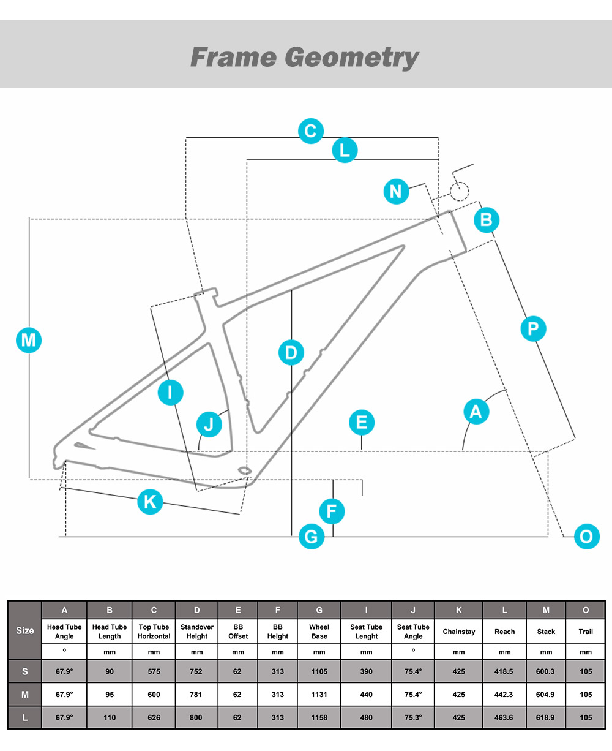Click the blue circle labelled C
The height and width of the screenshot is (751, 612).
coord(311,131)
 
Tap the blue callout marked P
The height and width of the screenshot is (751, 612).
coord(533,329)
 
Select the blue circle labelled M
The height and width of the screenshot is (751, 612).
coord(29,340)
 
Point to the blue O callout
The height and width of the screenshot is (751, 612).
coord(586,537)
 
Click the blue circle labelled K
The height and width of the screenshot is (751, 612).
coord(150,502)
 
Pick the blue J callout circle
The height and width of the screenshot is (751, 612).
coord(209,424)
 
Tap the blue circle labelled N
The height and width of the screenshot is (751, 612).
coord(396,192)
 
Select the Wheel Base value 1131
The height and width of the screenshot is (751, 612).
coord(319,695)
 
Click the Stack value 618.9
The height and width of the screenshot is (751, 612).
coord(545,717)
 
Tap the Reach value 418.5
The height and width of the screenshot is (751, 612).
coord(504,671)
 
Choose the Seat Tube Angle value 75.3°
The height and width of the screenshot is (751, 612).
coord(413,717)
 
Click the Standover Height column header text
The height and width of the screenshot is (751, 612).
coord(197,632)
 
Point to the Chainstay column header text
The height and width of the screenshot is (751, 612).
coord(459,632)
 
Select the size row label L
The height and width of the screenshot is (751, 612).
coord(25,717)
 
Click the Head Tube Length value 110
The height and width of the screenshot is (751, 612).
coord(110,717)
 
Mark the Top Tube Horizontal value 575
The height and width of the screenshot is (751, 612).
coord(154,671)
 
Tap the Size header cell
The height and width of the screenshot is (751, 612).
coord(25,630)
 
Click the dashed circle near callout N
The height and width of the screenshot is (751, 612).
coord(460,192)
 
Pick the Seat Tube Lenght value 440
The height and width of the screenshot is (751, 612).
coord(367,695)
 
